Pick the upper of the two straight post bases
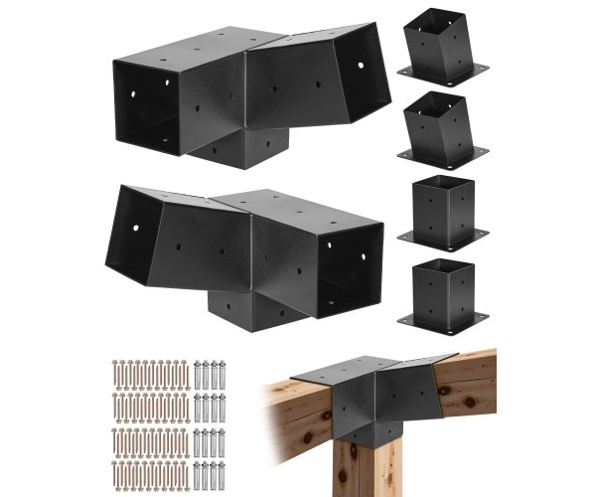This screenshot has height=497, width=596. coord(442,211)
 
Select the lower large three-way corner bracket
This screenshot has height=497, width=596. coord(248,248)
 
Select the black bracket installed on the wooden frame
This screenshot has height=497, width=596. coord(372,398)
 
